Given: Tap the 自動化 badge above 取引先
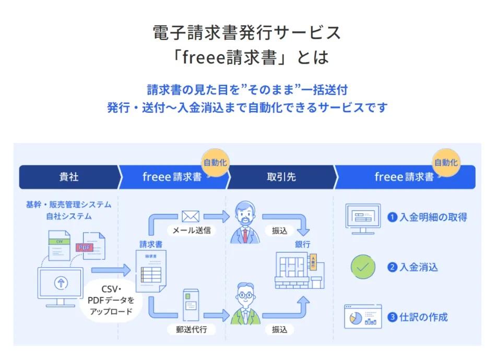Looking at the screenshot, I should [215, 162].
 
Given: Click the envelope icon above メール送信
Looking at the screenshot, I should [191, 216].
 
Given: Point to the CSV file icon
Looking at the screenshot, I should [60, 244].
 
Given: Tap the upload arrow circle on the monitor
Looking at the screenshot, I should [61, 283].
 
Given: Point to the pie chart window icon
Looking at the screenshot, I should [363, 317].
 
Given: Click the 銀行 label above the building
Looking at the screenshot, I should [303, 244].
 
